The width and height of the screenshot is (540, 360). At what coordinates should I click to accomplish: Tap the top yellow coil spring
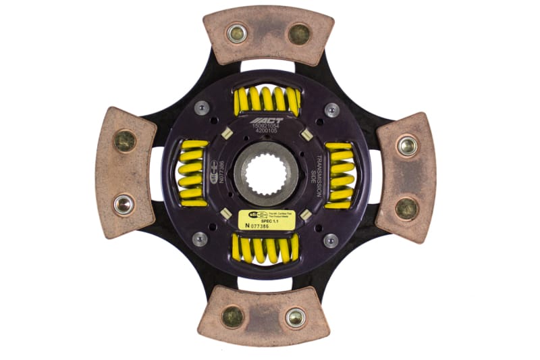[x=266, y=99]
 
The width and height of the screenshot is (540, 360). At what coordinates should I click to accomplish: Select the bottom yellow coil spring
[x=265, y=249]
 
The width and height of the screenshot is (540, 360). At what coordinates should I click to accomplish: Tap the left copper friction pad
[x=125, y=172]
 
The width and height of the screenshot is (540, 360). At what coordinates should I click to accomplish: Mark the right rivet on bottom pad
[x=295, y=317]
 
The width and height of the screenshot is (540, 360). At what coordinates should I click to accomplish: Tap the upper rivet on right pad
[x=406, y=145]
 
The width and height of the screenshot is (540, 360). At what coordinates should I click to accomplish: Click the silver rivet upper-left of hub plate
[x=201, y=107]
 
